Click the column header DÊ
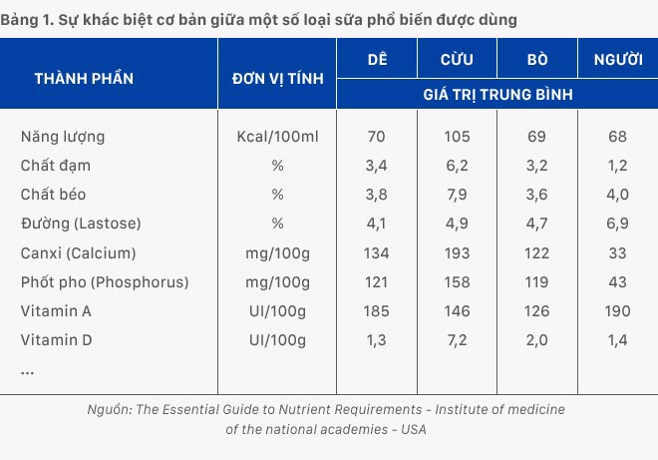pos(376,59)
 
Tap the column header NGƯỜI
pos(617,59)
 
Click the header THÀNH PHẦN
pos(84,77)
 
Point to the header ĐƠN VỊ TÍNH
pos(277,77)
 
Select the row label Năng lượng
pos(62,136)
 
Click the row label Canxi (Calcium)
pos(78,252)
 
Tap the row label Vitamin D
pos(56,340)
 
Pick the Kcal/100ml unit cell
pos(277,136)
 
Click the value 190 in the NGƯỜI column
pos(617,311)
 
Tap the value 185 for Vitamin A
pos(376,311)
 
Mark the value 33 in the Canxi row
pos(617,252)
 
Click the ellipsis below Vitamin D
pos(28,370)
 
